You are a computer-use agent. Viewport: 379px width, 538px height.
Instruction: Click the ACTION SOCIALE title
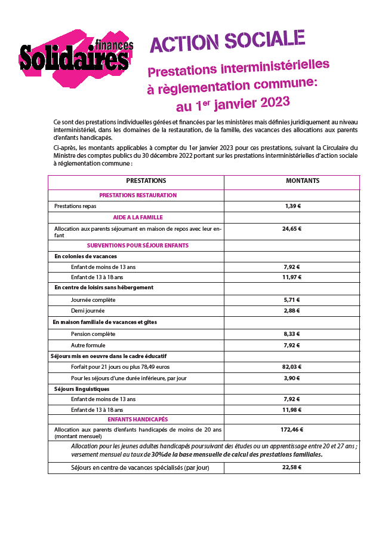click(227, 41)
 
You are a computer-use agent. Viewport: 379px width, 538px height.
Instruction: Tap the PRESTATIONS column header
click(146, 181)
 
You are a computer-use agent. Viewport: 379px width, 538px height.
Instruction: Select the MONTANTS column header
click(302, 181)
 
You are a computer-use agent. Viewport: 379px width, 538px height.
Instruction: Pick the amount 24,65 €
click(292, 228)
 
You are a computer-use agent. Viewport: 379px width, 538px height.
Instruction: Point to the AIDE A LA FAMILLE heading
click(138, 218)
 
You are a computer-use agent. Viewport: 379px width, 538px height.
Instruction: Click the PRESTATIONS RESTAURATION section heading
click(138, 195)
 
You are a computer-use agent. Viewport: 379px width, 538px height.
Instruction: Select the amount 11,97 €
click(292, 277)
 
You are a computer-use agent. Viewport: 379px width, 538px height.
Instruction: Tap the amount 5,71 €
click(292, 300)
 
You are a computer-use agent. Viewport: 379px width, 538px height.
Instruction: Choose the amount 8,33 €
click(292, 334)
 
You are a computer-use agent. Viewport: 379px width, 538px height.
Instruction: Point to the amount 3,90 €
click(292, 378)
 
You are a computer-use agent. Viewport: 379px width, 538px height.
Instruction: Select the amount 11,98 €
click(292, 410)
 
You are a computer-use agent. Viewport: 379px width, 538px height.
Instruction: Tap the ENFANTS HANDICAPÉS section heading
click(138, 420)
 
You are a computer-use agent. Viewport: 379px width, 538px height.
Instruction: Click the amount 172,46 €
click(292, 429)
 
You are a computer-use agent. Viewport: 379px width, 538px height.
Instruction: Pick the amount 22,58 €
click(292, 467)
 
